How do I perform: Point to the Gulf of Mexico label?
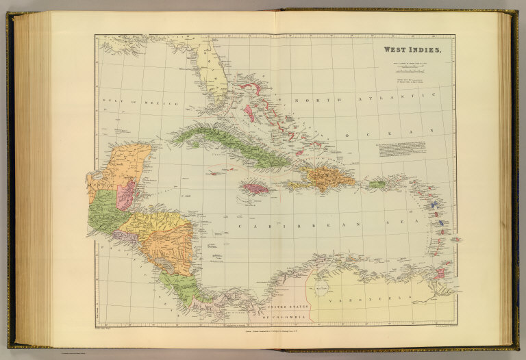point(140,102)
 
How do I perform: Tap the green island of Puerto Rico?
point(377,183)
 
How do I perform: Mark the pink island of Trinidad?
point(440,272)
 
